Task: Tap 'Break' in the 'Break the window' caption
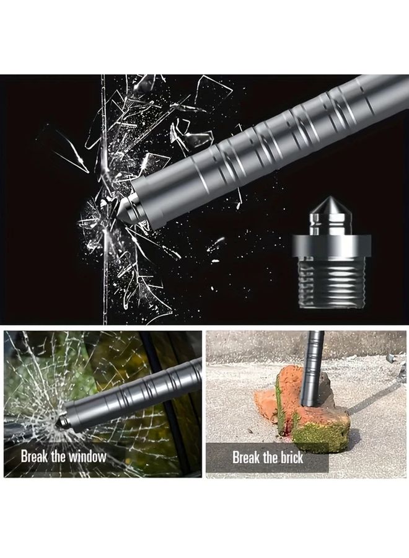click(x=33, y=457)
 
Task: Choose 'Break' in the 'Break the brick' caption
click(x=245, y=458)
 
